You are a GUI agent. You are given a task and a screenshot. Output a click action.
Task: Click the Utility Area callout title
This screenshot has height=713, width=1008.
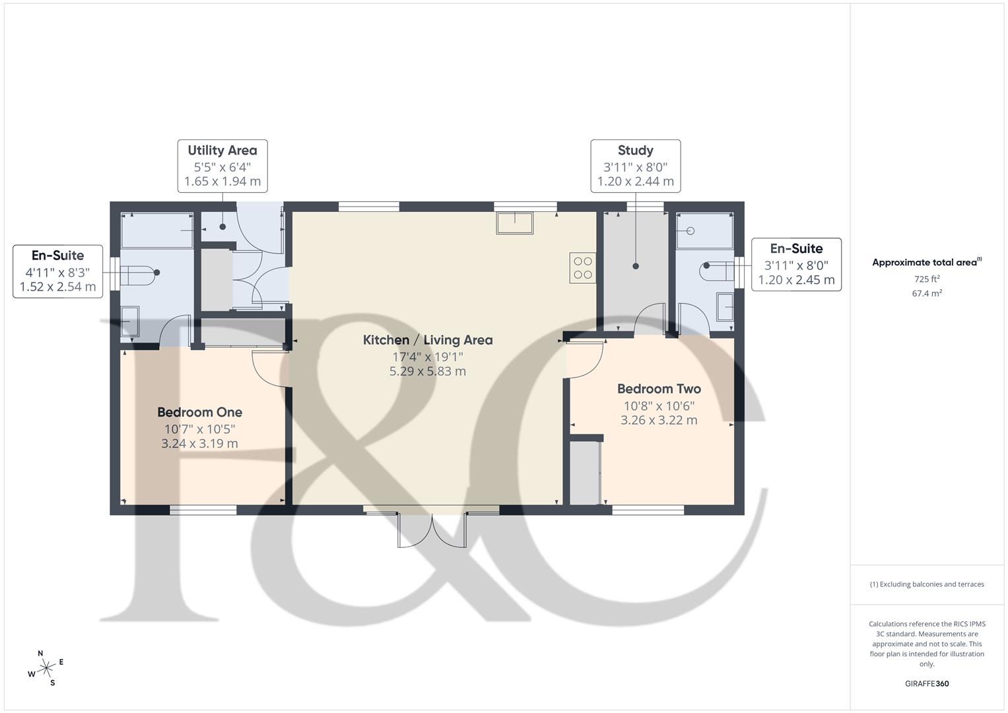tap(222, 151)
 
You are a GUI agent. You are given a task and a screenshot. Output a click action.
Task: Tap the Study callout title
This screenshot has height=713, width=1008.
tap(635, 151)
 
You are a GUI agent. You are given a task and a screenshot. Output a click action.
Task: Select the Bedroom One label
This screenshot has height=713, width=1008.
tap(199, 412)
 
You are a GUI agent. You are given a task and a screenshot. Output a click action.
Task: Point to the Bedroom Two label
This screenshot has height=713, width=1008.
tap(659, 389)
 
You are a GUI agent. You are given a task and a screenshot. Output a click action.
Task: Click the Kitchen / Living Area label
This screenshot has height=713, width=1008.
tap(428, 340)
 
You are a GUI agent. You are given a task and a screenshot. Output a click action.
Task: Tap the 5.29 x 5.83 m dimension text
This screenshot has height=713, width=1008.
tap(428, 371)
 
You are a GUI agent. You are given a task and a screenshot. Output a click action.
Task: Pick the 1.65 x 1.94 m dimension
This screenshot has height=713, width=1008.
tap(222, 181)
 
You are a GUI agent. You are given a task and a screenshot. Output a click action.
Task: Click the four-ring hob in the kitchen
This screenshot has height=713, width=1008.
tap(582, 268)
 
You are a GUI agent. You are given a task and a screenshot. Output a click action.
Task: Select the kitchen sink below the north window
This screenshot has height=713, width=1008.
tap(515, 223)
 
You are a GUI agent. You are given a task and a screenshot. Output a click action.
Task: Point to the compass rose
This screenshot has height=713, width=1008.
tap(46, 668)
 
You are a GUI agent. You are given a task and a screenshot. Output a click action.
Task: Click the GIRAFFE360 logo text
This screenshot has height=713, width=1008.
tap(926, 683)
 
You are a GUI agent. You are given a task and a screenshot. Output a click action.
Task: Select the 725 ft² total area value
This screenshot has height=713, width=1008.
tap(927, 279)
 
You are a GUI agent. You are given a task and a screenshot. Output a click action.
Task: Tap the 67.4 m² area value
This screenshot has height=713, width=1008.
tap(927, 294)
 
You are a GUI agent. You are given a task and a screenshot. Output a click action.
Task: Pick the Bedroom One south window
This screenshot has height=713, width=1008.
tap(203, 510)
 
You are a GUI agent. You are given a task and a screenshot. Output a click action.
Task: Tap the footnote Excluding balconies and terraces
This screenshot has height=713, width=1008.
tap(927, 584)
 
